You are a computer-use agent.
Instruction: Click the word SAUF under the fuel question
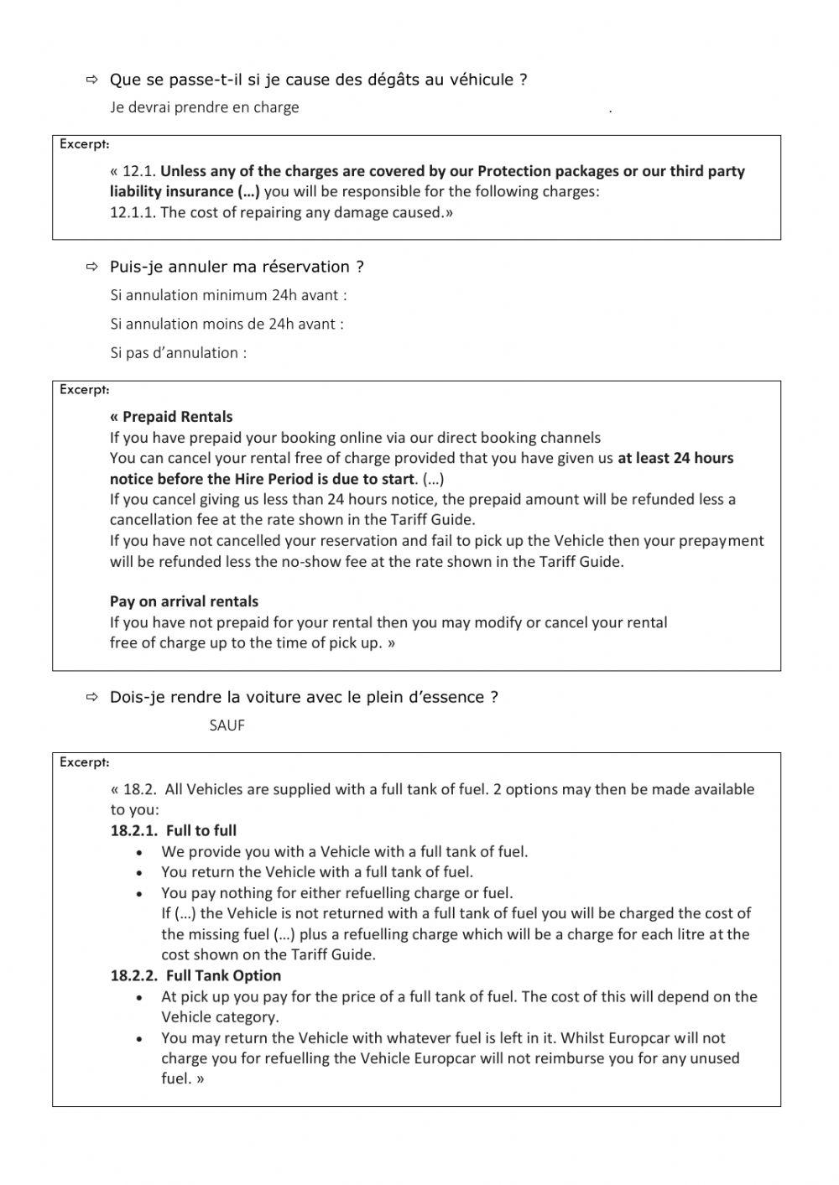pyautogui.click(x=227, y=725)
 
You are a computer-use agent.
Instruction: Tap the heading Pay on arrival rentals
pyautogui.click(x=184, y=601)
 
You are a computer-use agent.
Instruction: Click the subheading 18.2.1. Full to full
pyautogui.click(x=173, y=830)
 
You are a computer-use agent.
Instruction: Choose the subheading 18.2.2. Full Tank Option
pyautogui.click(x=195, y=975)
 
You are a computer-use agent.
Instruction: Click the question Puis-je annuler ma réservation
pyautogui.click(x=237, y=267)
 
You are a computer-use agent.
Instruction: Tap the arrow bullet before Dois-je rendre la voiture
pyautogui.click(x=91, y=698)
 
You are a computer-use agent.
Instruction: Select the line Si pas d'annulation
pyautogui.click(x=178, y=353)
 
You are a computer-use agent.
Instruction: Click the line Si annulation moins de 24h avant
pyautogui.click(x=227, y=324)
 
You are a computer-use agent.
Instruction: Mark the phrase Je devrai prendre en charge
pyautogui.click(x=204, y=107)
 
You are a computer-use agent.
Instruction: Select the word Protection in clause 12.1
pyautogui.click(x=519, y=171)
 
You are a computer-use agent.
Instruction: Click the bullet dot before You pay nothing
pyautogui.click(x=139, y=893)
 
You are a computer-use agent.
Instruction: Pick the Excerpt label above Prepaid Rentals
pyautogui.click(x=84, y=389)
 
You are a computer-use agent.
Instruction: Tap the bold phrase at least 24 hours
pyautogui.click(x=675, y=458)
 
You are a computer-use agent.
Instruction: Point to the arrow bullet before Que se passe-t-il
pyautogui.click(x=91, y=81)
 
